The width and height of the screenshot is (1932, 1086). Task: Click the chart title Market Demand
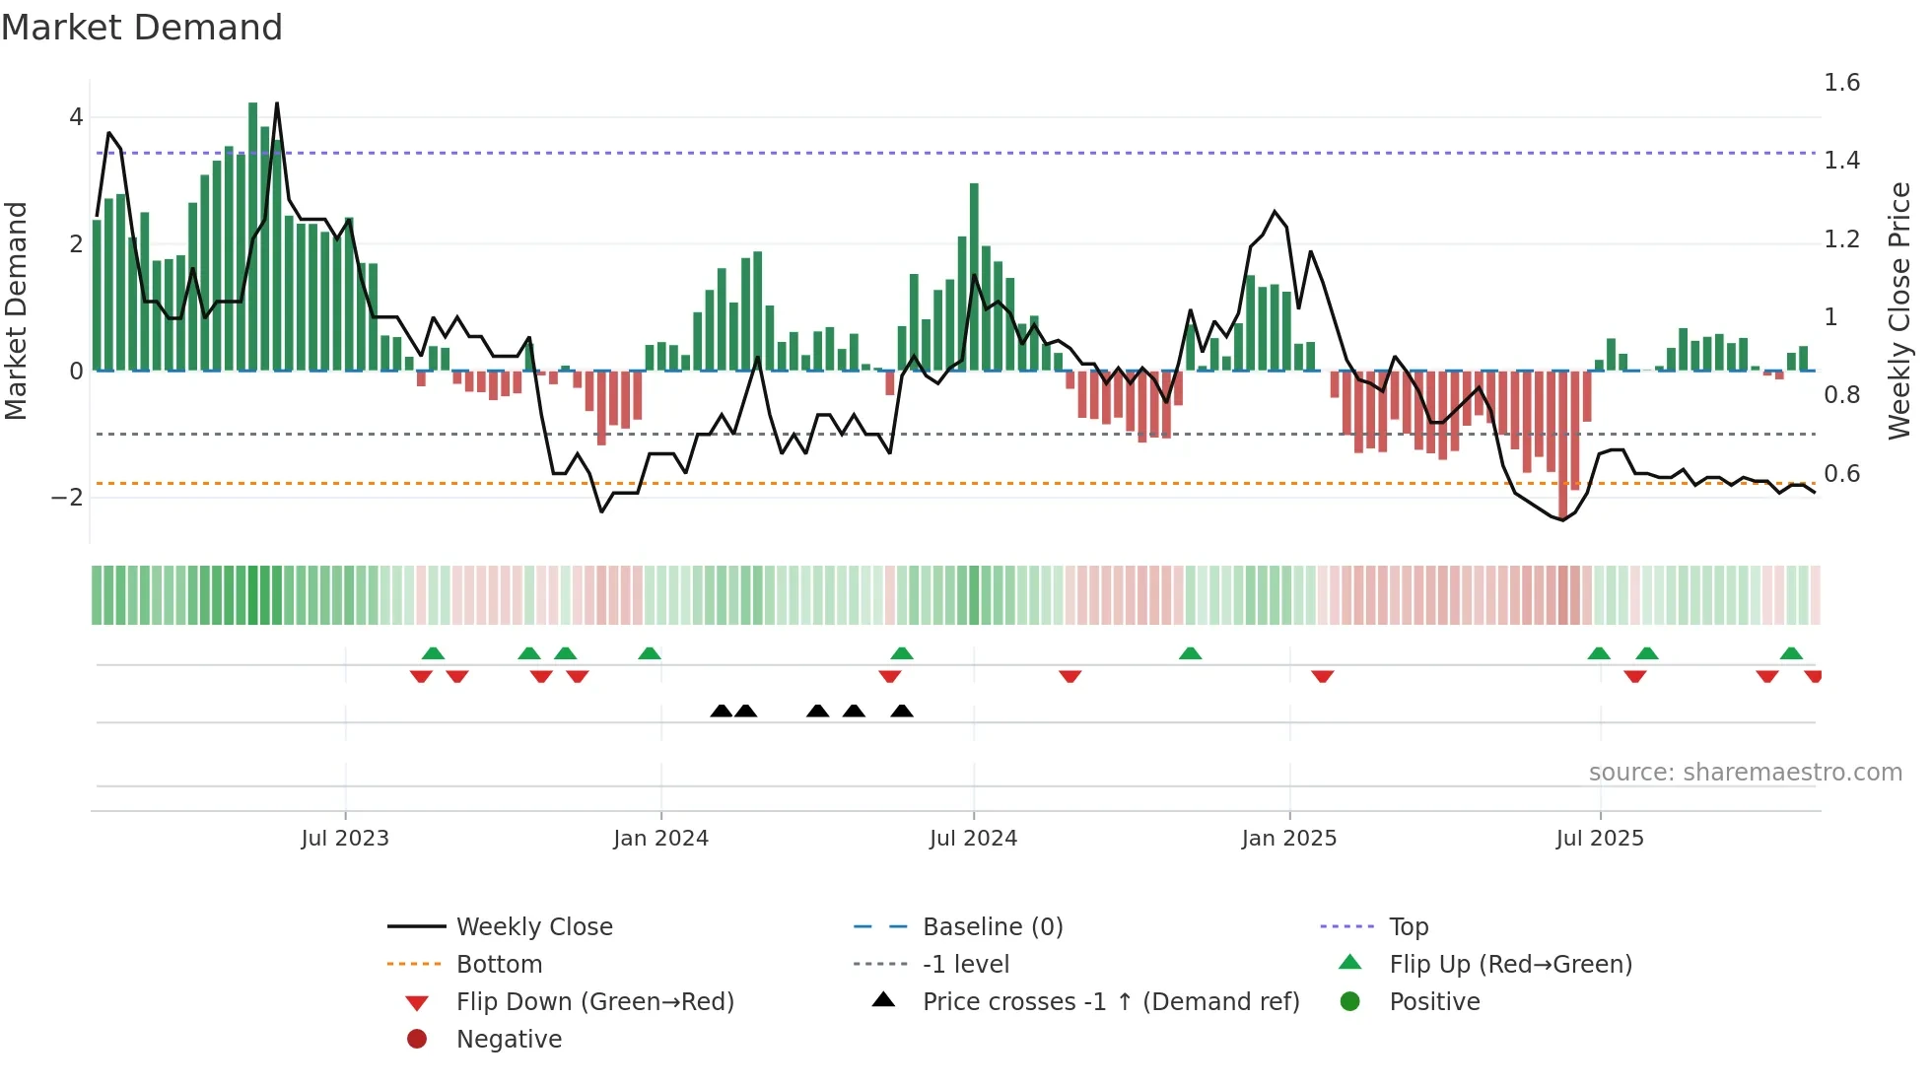pyautogui.click(x=142, y=28)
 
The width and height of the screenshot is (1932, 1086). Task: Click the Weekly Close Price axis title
pyautogui.click(x=1898, y=310)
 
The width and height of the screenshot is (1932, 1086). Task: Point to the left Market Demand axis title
pyautogui.click(x=16, y=310)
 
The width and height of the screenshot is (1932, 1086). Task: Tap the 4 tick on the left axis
pyautogui.click(x=76, y=117)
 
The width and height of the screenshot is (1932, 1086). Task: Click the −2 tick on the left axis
pyautogui.click(x=68, y=497)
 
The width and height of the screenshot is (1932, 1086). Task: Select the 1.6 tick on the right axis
pyautogui.click(x=1841, y=83)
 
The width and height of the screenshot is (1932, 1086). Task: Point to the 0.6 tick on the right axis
pyautogui.click(x=1841, y=474)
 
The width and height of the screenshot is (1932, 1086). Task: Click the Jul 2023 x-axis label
pyautogui.click(x=345, y=839)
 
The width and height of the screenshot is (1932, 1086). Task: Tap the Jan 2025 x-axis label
pyautogui.click(x=1288, y=839)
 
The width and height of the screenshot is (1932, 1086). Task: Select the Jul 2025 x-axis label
pyautogui.click(x=1600, y=839)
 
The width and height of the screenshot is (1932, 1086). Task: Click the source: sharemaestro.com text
pyautogui.click(x=1745, y=773)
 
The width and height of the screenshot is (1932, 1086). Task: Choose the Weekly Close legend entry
pyautogui.click(x=533, y=927)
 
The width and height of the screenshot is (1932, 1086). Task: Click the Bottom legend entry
pyautogui.click(x=499, y=965)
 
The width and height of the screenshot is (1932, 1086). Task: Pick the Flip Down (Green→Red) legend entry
pyautogui.click(x=594, y=1002)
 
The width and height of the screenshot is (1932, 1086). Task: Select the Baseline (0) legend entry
pyautogui.click(x=992, y=927)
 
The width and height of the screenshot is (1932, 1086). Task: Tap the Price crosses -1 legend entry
pyautogui.click(x=1110, y=1002)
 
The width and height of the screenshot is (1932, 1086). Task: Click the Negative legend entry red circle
pyautogui.click(x=417, y=1040)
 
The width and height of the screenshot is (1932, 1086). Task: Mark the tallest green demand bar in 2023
pyautogui.click(x=253, y=237)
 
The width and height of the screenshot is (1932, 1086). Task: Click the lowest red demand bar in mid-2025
pyautogui.click(x=1562, y=443)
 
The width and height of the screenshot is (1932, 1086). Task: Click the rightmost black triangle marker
pyautogui.click(x=902, y=712)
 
